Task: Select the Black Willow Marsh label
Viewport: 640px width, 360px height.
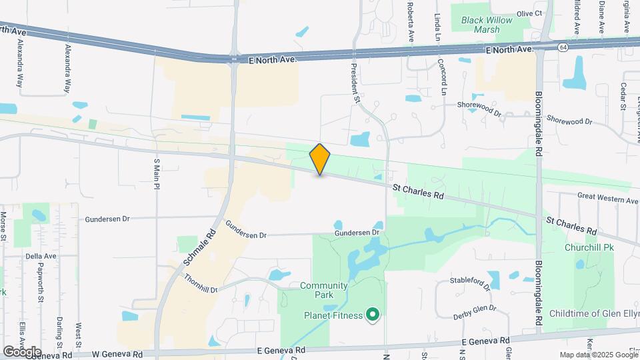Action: [x=487, y=25]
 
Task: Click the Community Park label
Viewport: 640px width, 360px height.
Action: [x=324, y=291]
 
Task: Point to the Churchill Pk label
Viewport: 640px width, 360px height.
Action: [x=589, y=247]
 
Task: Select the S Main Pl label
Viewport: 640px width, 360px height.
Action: [x=157, y=174]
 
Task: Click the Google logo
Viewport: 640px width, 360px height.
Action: [x=22, y=351]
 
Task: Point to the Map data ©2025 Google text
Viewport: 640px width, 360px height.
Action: [x=597, y=355]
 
